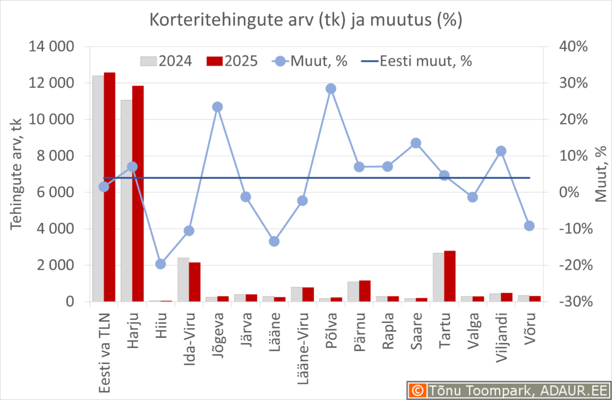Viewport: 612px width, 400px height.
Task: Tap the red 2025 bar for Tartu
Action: point(449,276)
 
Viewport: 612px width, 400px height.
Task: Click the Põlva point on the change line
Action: point(331,88)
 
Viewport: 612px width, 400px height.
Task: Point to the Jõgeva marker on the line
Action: point(218,107)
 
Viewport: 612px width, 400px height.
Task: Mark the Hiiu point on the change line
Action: point(160,264)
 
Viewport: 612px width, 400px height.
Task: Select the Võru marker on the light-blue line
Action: point(529,225)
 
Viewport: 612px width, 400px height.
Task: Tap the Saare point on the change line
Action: point(416,143)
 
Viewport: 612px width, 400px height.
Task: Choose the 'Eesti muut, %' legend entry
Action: point(418,61)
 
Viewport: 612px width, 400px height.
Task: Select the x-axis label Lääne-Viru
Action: point(302,341)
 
